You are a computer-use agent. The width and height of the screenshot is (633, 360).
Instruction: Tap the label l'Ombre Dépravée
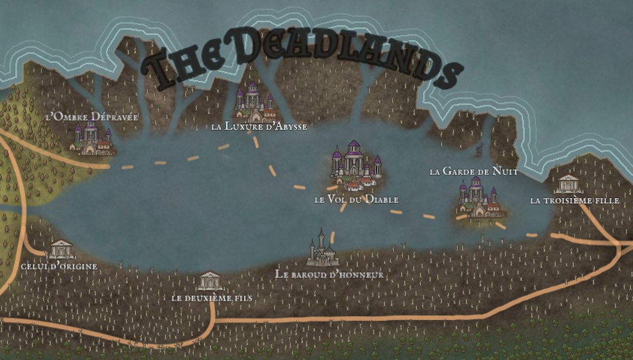click(92, 117)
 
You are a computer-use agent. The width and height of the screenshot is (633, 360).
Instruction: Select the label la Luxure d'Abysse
click(259, 127)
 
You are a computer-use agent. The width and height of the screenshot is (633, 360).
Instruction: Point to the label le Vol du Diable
click(356, 199)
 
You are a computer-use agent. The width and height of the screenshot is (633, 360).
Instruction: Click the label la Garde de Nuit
click(473, 171)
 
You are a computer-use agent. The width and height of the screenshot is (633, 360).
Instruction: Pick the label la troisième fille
click(574, 201)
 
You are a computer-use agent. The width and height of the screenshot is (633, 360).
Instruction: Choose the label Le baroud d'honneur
click(329, 275)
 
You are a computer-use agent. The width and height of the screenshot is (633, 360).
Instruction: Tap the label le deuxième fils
click(211, 298)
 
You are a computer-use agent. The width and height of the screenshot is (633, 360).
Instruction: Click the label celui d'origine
click(59, 266)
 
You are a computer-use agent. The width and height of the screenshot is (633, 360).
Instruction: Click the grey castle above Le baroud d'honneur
click(322, 250)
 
